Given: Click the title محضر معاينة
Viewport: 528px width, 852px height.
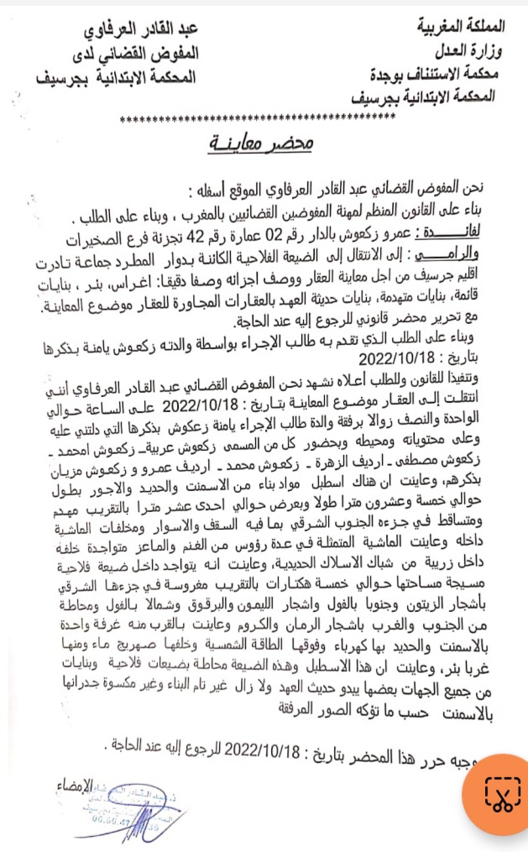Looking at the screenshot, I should (x=262, y=146).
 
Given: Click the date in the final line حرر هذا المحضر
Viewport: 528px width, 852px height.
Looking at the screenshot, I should (x=280, y=750).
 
